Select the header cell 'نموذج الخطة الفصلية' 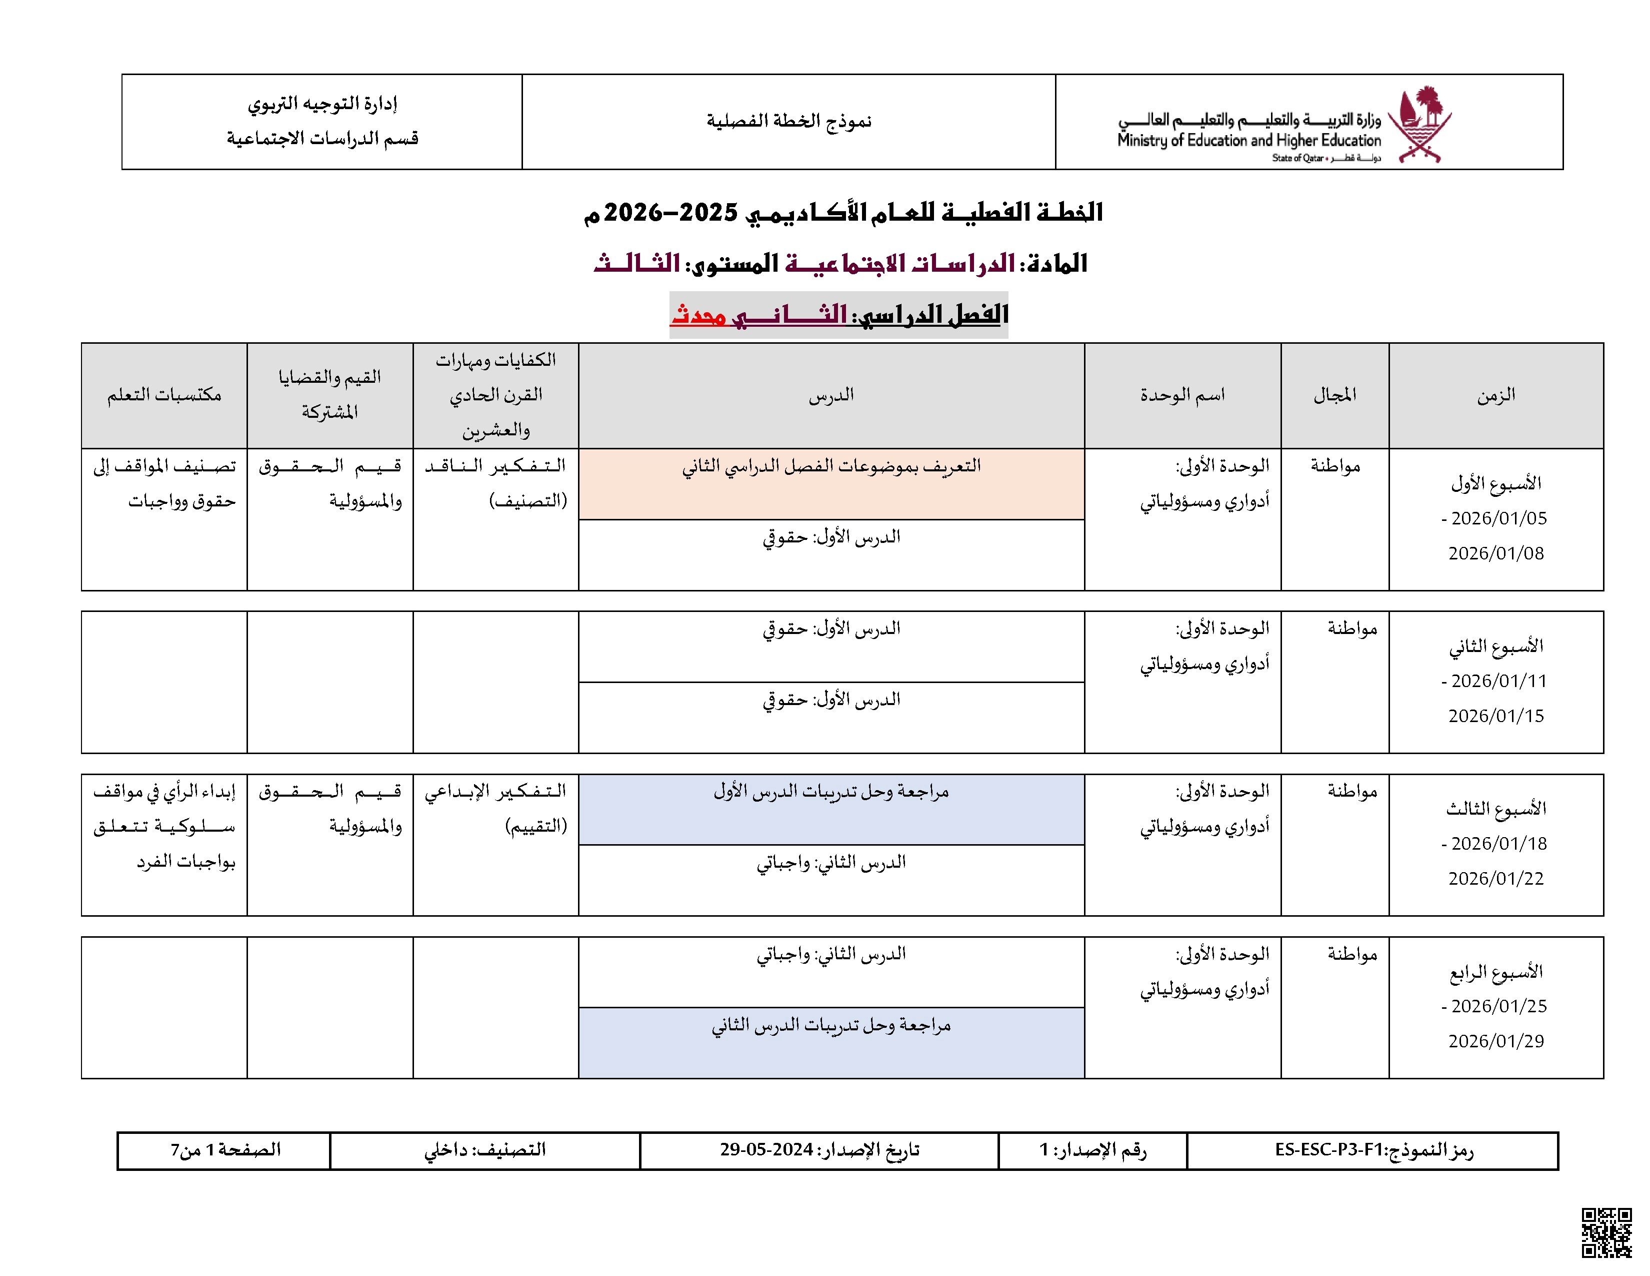pos(788,121)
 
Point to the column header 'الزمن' pos(1496,395)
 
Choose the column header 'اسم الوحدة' pos(1182,395)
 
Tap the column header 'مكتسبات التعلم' pos(164,395)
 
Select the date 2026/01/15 pos(1496,716)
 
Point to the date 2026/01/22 pos(1496,878)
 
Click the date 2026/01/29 pos(1496,1041)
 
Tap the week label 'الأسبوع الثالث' pos(1496,809)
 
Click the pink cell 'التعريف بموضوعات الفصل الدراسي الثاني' pos(831,466)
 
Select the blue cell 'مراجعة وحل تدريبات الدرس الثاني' pos(831,1026)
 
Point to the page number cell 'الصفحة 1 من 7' pos(224,1150)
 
